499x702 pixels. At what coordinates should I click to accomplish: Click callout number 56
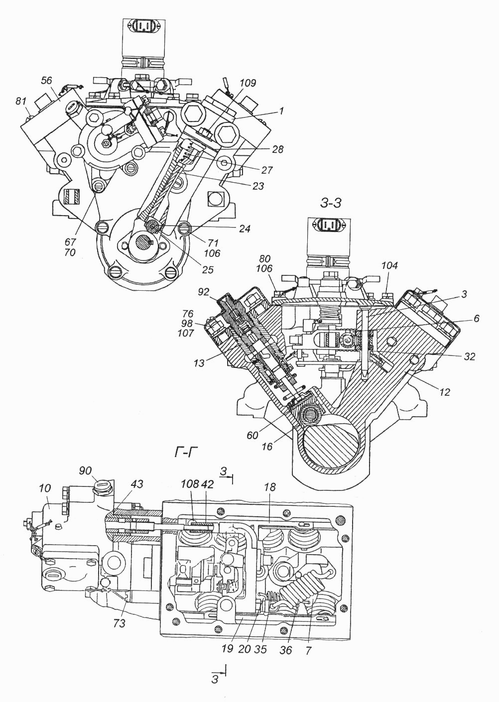pos(46,81)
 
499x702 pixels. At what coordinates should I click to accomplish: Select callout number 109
pos(248,83)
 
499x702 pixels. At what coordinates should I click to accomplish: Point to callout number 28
pos(278,149)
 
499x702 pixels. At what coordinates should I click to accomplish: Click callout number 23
pos(257,186)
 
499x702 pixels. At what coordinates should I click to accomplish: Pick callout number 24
pos(245,229)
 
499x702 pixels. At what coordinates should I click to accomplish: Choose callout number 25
pos(208,269)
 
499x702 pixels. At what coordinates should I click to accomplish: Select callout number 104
pos(389,266)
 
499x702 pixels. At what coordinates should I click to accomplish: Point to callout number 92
pos(203,292)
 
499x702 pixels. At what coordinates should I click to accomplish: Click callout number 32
pos(469,356)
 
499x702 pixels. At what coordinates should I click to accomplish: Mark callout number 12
pos(444,392)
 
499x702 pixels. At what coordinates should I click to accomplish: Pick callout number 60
pos(252,435)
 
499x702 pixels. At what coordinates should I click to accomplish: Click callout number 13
pos(199,363)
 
